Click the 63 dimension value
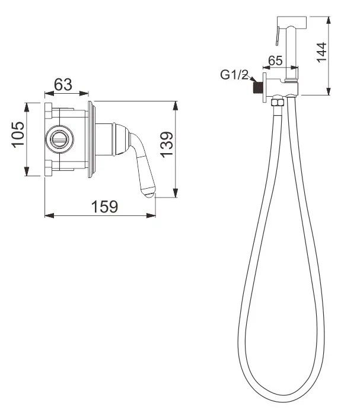click(x=63, y=84)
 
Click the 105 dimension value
click(x=18, y=135)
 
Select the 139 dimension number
click(x=167, y=145)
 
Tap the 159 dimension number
click(x=104, y=206)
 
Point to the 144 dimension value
click(x=321, y=52)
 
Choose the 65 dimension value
click(x=275, y=61)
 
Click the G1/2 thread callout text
click(x=234, y=75)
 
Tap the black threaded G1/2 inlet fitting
click(x=257, y=88)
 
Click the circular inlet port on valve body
click(x=59, y=139)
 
